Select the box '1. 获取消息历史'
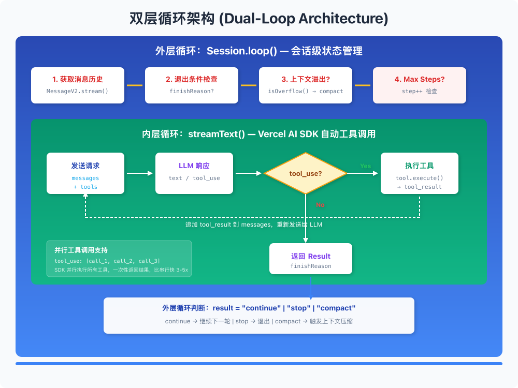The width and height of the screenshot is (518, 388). click(78, 85)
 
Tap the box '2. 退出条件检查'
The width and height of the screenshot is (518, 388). click(192, 85)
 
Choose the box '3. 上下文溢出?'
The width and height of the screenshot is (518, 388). click(306, 85)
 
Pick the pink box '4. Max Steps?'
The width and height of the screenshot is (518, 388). click(420, 85)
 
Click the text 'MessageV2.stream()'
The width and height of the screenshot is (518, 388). click(78, 91)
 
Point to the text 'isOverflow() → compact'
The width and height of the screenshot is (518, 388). click(306, 91)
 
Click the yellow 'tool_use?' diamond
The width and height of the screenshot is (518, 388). click(306, 173)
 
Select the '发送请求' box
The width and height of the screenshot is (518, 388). click(85, 173)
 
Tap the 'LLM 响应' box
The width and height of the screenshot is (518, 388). click(194, 173)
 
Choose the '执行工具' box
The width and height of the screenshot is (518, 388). click(420, 173)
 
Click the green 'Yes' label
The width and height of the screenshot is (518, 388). click(366, 166)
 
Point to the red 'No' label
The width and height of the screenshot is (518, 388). click(320, 205)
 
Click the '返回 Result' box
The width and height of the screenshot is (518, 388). click(311, 259)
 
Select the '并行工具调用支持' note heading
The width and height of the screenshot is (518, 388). click(81, 250)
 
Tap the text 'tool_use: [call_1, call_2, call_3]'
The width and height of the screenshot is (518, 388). click(107, 261)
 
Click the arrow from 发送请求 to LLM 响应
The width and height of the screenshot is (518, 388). click(140, 173)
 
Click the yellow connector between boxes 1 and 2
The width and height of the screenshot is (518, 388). click(135, 85)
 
